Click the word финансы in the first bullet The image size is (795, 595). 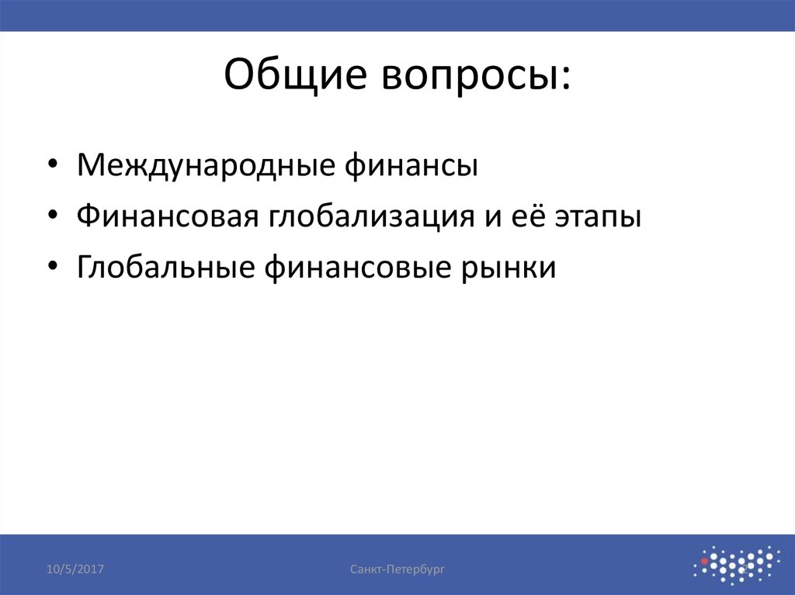click(411, 165)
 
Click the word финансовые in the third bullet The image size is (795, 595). click(344, 268)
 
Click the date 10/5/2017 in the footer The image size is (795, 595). click(76, 570)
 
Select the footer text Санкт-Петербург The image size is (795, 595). click(397, 570)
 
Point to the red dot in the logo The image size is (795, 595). click(704, 559)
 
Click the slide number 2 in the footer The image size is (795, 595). click(741, 571)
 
